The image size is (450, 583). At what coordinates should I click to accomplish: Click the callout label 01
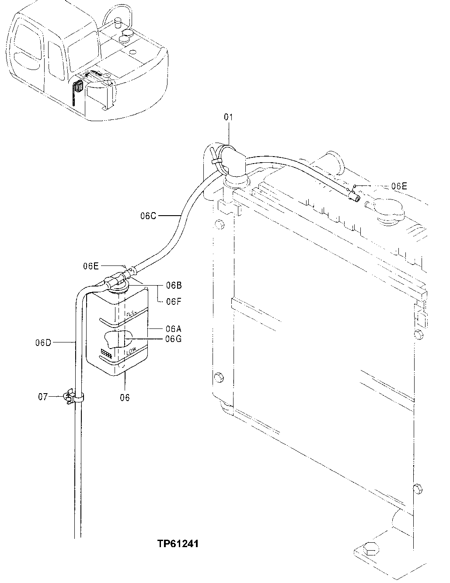[228, 117]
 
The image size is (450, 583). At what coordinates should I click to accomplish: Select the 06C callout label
[148, 215]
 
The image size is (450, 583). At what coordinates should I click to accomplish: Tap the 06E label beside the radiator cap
[399, 186]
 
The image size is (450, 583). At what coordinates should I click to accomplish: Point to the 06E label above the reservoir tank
[91, 265]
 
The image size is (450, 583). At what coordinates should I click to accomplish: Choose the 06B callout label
[174, 286]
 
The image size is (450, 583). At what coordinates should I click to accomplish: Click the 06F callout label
[173, 301]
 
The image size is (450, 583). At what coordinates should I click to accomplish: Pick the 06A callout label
[174, 328]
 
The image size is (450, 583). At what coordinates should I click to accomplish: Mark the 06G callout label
[174, 338]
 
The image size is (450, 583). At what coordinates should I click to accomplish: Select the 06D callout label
[44, 342]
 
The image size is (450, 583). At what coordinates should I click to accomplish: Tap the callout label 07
[42, 397]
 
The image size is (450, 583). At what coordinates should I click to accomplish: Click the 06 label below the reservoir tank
[125, 398]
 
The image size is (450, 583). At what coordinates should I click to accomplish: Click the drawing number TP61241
[178, 544]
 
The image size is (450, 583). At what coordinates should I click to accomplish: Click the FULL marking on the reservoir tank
[131, 314]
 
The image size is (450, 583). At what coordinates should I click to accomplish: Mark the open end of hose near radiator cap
[355, 199]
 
